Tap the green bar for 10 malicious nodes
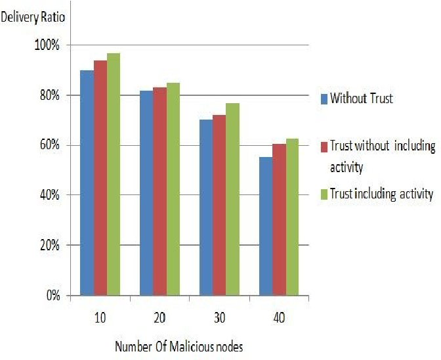[114, 174]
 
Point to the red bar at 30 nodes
[219, 205]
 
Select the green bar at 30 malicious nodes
[233, 199]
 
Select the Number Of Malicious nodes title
[178, 346]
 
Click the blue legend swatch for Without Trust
[324, 100]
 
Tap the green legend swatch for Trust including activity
[324, 194]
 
